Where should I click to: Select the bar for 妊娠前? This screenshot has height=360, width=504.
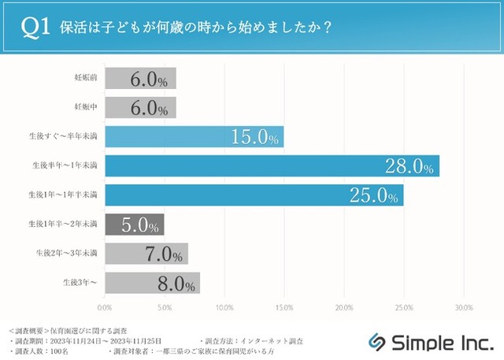click(x=140, y=79)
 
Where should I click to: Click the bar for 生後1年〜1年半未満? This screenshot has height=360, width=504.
click(x=254, y=195)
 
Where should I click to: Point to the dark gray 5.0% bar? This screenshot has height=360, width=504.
click(x=134, y=225)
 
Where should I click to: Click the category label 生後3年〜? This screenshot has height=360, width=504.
click(x=81, y=283)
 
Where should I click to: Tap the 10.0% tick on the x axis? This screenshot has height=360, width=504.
click(x=224, y=307)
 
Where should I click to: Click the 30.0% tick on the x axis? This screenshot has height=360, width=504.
click(x=463, y=307)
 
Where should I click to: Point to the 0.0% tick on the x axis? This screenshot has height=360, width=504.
click(x=104, y=307)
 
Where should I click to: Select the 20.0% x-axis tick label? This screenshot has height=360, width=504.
click(x=344, y=307)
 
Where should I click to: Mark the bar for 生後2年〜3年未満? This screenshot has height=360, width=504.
click(x=146, y=254)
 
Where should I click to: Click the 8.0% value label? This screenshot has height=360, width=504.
click(x=176, y=283)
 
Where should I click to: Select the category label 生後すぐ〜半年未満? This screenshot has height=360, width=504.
click(x=62, y=137)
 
